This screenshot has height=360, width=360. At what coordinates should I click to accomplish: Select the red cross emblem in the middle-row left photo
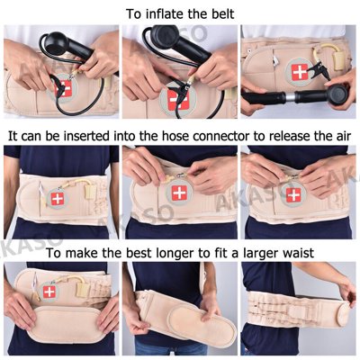(58, 197)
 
